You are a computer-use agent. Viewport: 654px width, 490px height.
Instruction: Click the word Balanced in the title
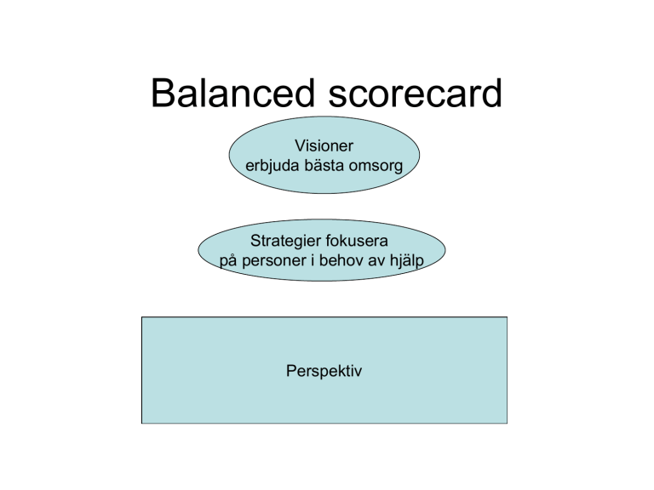232,93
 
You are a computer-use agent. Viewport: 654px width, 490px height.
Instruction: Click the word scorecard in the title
415,93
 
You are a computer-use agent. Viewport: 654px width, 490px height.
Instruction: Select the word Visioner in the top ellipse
324,145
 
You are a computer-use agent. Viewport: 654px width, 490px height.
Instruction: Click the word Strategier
286,242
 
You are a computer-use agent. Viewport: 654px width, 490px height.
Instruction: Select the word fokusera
357,241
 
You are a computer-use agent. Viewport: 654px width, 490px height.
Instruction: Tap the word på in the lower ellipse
228,261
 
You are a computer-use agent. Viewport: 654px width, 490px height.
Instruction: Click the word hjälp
407,261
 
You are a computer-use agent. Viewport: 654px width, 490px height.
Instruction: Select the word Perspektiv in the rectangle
324,371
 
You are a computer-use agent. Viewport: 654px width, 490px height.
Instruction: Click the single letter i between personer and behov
313,260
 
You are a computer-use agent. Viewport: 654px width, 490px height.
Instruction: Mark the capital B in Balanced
163,93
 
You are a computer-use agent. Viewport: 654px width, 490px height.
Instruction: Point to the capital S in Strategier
255,241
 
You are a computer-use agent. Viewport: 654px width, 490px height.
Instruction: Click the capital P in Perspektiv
291,370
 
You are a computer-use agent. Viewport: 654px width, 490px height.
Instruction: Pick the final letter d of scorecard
492,93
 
